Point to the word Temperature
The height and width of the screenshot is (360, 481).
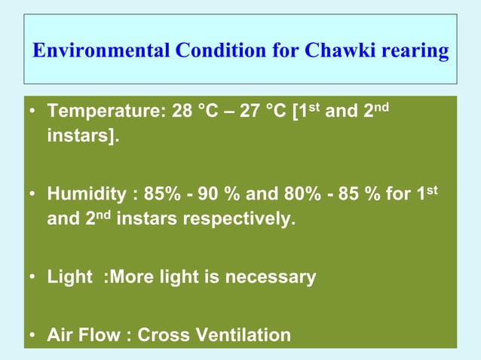tap(103, 114)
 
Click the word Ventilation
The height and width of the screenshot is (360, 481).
tap(243, 334)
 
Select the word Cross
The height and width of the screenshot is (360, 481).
tap(164, 334)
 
